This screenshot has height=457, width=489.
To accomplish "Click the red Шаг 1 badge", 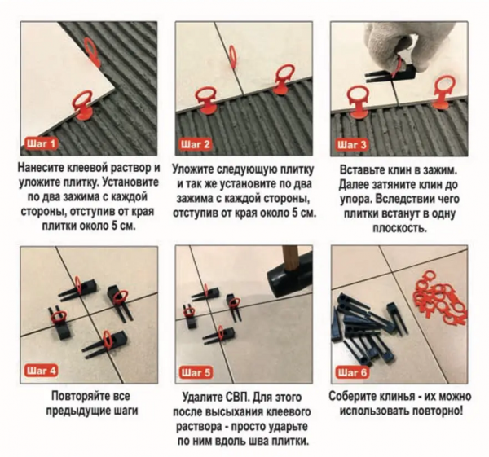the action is click(41, 143).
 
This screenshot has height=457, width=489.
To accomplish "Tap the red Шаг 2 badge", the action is click(196, 144).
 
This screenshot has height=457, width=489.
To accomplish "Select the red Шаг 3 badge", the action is click(351, 145).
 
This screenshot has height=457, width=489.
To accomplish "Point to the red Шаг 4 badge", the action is click(41, 371).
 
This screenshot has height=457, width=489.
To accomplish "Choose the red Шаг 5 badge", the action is click(196, 372).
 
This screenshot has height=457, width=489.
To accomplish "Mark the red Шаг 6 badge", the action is click(352, 372).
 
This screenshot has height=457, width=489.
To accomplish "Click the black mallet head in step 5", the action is click(289, 275).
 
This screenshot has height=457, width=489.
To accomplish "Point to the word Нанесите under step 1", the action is click(41, 167).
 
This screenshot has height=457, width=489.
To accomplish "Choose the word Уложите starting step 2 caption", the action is click(192, 170).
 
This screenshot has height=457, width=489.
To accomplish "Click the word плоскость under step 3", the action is click(400, 228).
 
